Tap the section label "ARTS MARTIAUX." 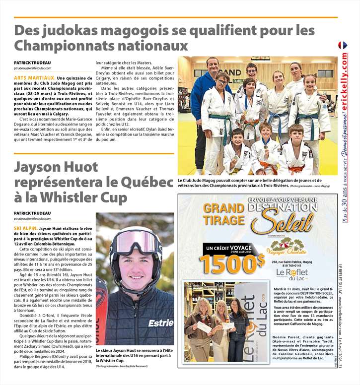point(34,78)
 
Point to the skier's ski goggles point(136,242)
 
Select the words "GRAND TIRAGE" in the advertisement point(224,213)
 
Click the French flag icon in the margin point(343,45)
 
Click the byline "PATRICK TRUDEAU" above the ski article point(32,213)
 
